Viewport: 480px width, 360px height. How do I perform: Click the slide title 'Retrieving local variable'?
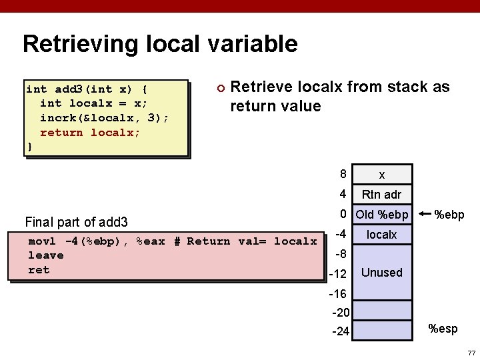(x=160, y=44)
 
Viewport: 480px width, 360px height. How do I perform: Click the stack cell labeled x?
(x=381, y=175)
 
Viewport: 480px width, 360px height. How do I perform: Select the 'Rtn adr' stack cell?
(x=381, y=195)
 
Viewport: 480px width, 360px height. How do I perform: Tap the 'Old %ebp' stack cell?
(x=381, y=215)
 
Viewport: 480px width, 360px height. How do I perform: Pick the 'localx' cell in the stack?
(x=381, y=235)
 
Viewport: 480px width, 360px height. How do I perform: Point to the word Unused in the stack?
(x=381, y=273)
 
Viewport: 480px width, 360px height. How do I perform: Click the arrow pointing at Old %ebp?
(x=425, y=215)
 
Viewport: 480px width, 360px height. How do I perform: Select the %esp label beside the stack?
(x=443, y=328)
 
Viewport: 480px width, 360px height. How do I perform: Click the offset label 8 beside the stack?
(x=343, y=174)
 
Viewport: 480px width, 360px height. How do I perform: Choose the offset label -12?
(x=339, y=275)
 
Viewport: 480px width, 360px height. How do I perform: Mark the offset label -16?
(x=339, y=294)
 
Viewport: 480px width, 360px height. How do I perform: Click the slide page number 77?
(x=471, y=352)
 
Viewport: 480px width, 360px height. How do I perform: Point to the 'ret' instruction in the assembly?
(x=39, y=270)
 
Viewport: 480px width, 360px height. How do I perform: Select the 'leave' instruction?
(x=45, y=255)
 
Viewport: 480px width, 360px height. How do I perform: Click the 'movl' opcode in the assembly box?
(x=42, y=241)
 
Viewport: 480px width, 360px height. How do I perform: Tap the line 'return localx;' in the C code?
(x=90, y=132)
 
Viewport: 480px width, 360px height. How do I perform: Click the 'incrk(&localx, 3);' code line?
(x=104, y=117)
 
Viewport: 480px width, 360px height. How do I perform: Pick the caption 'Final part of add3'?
(x=76, y=222)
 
